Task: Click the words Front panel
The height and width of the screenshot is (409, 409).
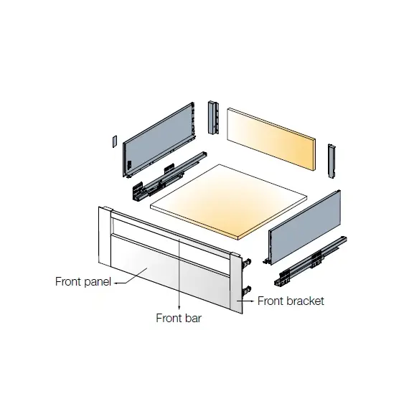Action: (83, 282)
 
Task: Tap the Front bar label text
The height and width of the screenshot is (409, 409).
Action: (179, 318)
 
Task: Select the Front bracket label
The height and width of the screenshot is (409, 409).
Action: (291, 301)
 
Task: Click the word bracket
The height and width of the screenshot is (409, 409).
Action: (306, 301)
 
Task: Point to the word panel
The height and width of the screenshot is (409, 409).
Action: (98, 282)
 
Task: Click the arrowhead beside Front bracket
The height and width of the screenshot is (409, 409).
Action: (252, 301)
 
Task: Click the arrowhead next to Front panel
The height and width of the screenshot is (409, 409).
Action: (116, 283)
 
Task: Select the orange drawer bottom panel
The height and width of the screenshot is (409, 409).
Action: (229, 202)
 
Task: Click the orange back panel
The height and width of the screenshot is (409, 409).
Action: (271, 139)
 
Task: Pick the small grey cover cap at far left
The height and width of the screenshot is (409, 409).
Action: (115, 141)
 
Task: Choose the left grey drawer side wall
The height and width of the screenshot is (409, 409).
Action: (159, 140)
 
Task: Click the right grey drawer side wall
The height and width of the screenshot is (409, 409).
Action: (305, 227)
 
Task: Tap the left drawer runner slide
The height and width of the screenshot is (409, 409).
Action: (170, 177)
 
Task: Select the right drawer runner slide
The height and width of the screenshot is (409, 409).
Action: (311, 261)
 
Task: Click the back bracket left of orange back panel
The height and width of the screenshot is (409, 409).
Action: (213, 118)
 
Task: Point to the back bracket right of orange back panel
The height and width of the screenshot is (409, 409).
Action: (332, 161)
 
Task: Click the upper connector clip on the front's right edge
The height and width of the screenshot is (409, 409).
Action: (247, 263)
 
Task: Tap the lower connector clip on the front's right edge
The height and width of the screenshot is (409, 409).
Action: (247, 291)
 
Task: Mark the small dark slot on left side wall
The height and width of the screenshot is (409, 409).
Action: (129, 164)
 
